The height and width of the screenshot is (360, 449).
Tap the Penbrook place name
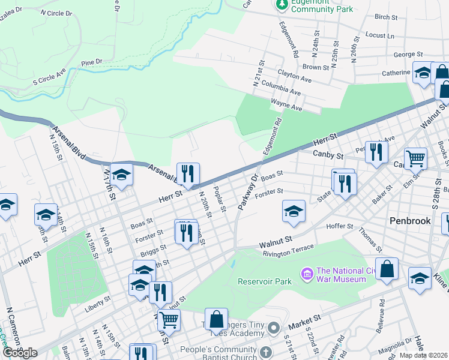coord(411,221)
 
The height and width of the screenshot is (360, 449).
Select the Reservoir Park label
coord(264,281)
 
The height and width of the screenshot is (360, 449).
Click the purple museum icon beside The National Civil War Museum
coord(308,274)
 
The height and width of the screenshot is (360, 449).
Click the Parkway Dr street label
coord(247,192)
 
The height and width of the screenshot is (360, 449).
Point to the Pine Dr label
coord(92,62)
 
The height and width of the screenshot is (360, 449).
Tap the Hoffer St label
coord(340,226)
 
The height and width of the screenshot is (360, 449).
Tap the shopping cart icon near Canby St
coord(415,158)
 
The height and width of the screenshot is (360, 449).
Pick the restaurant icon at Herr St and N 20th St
coord(188,174)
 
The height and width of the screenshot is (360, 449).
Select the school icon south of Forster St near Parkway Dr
coord(293,211)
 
